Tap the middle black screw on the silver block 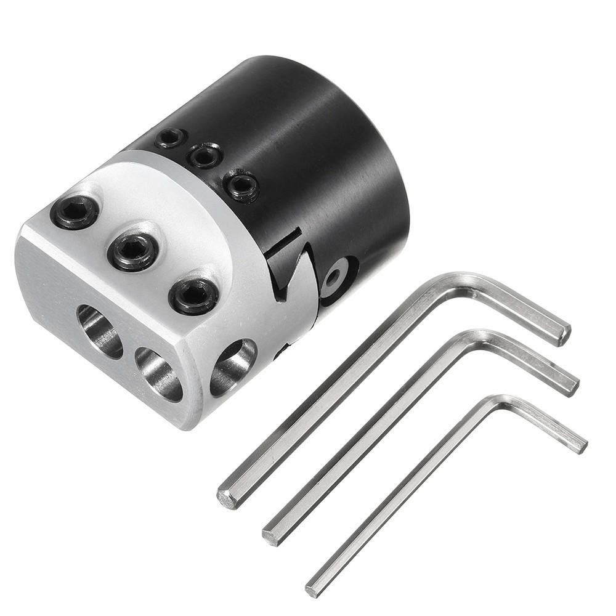tap(132, 251)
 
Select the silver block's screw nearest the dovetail tap(193, 296)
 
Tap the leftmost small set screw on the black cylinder tap(171, 137)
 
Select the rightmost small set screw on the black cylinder tap(241, 185)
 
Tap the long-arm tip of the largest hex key tap(227, 498)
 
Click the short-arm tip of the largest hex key tap(563, 333)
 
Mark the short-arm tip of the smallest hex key tap(580, 446)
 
